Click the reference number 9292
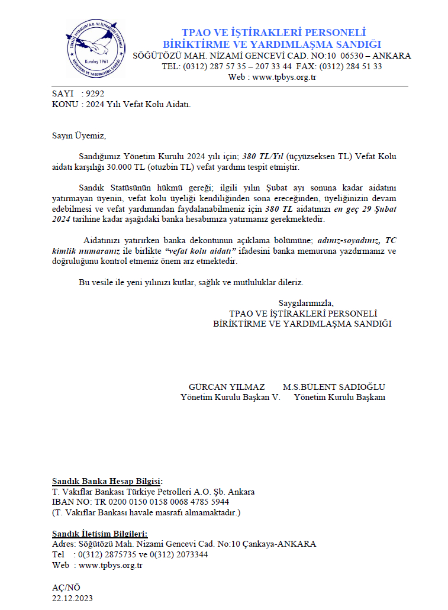[x=95, y=93]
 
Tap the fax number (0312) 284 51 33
[x=351, y=66]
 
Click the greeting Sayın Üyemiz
[x=79, y=136]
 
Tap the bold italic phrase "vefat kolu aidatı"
[x=196, y=251]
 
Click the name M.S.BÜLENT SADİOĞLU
[x=334, y=387]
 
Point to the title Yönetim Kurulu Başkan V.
[x=230, y=398]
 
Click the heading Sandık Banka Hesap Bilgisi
[x=107, y=481]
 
